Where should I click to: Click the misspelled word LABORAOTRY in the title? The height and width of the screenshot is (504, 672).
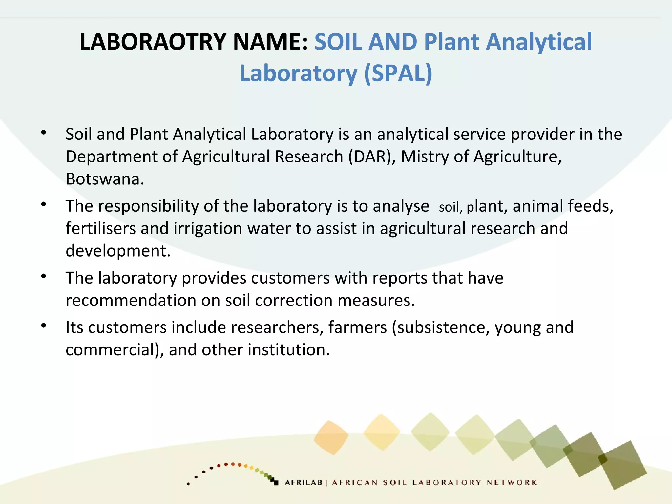coord(153,42)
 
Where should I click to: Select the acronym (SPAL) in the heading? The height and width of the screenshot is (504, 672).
coord(398,73)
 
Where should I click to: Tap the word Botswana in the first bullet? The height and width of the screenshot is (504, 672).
coord(105,179)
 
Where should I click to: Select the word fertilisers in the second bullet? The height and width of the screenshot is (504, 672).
coord(100,228)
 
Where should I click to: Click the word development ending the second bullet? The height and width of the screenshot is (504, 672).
coord(118,251)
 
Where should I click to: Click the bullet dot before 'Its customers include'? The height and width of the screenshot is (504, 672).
coord(44,326)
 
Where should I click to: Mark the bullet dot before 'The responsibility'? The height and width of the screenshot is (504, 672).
coord(44,205)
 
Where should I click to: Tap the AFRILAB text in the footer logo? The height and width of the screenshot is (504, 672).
coord(304,483)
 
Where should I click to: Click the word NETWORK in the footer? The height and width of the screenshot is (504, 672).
coord(512,483)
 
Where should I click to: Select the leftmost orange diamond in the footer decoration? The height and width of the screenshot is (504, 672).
coord(331,437)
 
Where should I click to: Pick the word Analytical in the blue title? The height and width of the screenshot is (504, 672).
coord(539,42)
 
